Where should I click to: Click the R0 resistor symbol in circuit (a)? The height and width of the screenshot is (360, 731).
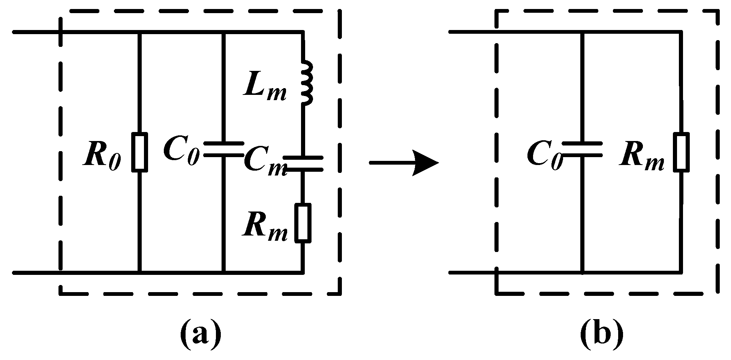coord(139,152)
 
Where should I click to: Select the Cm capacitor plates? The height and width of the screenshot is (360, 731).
coord(303,163)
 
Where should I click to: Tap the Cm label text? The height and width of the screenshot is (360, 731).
coord(264,164)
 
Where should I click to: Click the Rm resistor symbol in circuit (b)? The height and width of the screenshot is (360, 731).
coord(680,152)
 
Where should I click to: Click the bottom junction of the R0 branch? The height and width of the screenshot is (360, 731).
coord(139,272)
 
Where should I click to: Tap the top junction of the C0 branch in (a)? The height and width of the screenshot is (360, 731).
coord(223,32)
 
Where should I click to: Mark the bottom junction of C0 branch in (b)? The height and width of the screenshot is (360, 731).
coord(582,272)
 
